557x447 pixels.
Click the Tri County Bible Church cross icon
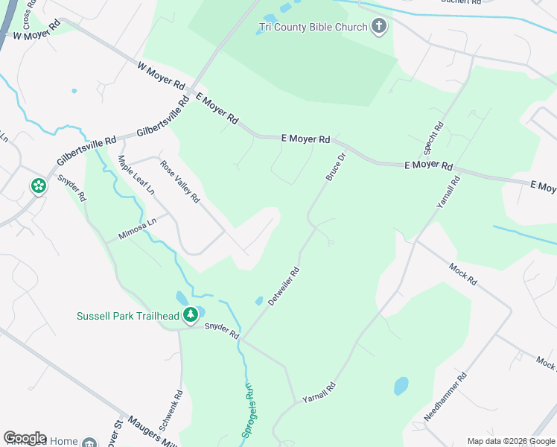tap(379, 28)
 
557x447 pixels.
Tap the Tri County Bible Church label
tap(313, 28)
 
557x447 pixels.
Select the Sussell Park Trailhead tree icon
tap(191, 315)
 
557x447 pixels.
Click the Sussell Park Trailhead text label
tap(128, 316)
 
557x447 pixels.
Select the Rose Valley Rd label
tap(181, 183)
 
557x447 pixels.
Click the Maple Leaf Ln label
tap(136, 175)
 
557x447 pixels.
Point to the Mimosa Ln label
tap(138, 229)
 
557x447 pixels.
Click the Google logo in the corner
tap(25, 438)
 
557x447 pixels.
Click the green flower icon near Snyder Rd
tap(38, 186)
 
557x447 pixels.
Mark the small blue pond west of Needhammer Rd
tap(401, 386)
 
